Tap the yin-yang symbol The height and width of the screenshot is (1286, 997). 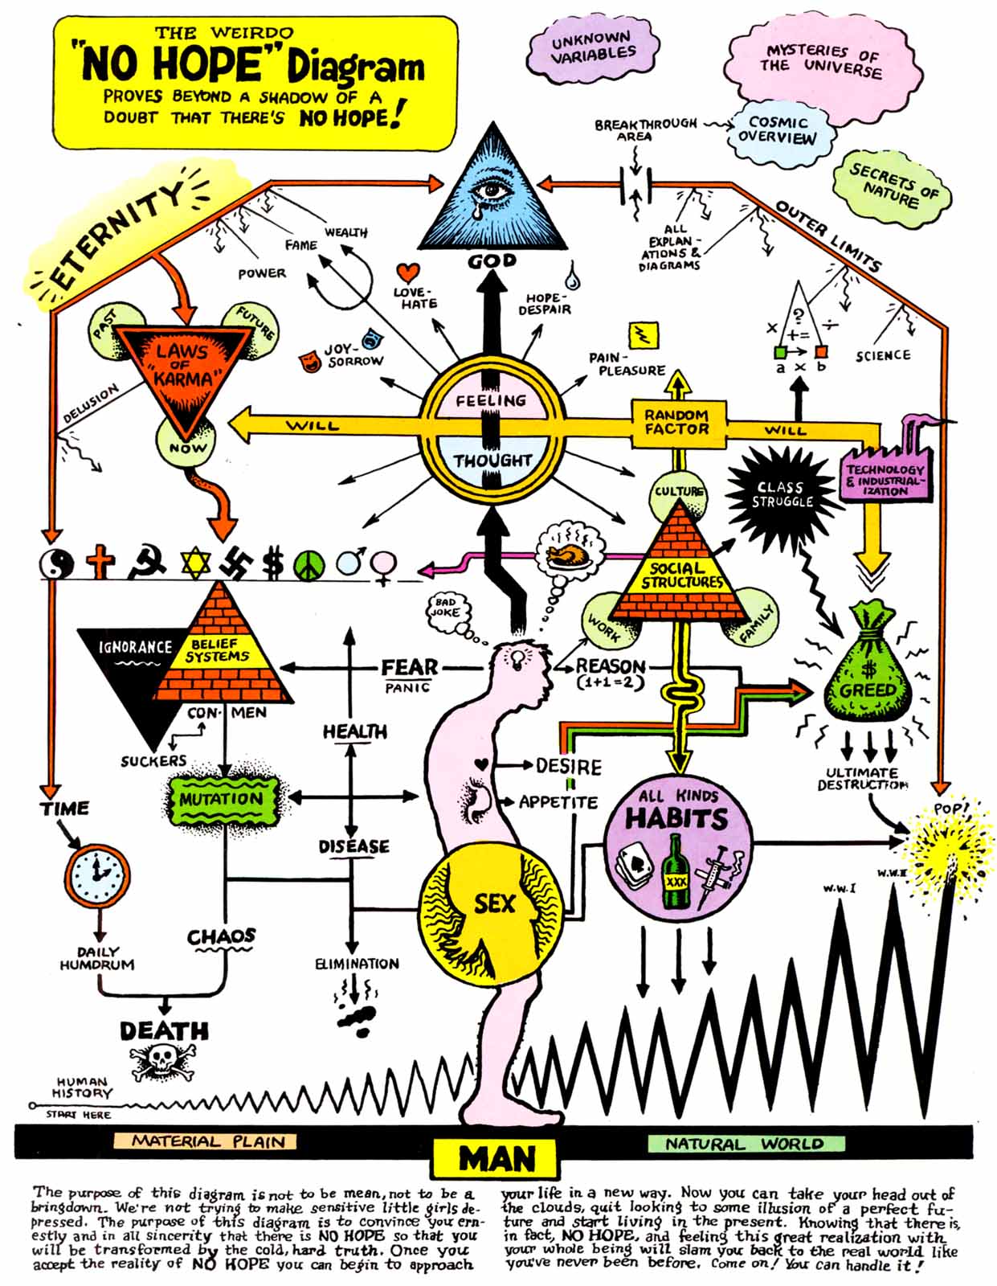point(57,563)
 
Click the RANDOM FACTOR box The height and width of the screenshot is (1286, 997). point(678,423)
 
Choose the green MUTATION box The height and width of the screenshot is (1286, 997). point(222,799)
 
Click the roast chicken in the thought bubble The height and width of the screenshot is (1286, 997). point(566,555)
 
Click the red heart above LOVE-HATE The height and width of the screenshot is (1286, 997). point(407,272)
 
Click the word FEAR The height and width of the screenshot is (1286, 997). point(409,668)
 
